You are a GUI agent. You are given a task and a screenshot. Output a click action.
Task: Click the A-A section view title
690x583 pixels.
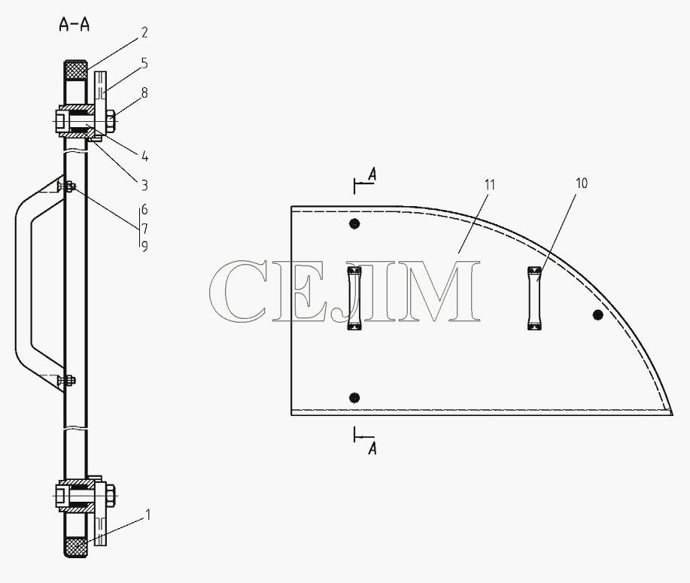(x=74, y=25)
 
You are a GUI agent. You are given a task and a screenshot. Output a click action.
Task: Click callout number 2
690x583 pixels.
(x=144, y=32)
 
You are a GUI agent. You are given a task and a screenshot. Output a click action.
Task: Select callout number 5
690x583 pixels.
(x=144, y=63)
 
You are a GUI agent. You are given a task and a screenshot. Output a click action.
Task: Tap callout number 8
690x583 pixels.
(x=144, y=93)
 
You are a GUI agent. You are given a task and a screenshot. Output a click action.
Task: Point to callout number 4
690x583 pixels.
(x=144, y=156)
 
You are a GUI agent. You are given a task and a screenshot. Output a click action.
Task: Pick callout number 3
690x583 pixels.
(x=144, y=185)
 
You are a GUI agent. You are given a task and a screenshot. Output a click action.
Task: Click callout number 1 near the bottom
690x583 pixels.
(x=148, y=515)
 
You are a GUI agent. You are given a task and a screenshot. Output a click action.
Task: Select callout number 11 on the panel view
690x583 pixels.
(x=490, y=185)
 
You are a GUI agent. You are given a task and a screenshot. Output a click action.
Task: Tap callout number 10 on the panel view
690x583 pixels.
(x=582, y=183)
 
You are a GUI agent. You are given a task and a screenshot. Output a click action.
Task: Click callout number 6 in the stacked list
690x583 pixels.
(x=144, y=209)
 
